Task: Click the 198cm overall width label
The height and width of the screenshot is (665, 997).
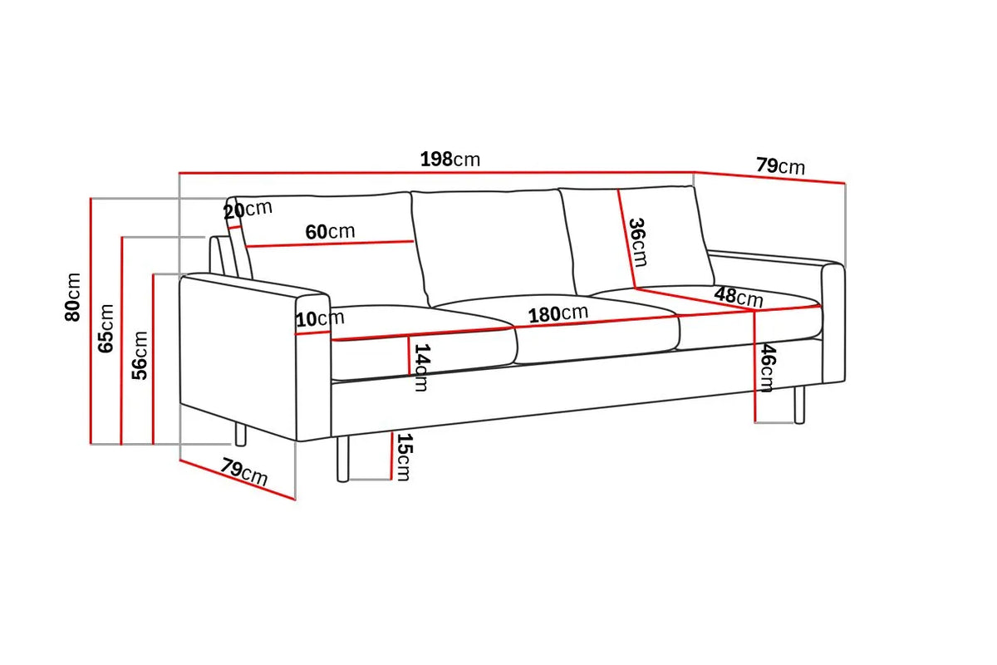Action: point(450,159)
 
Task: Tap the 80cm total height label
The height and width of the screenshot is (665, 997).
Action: point(72,297)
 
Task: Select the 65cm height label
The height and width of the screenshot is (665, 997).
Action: point(106,328)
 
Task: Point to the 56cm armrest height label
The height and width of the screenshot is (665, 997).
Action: point(140,356)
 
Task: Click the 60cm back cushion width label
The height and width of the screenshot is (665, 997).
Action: point(331,232)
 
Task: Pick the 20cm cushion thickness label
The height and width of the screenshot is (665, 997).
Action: point(248,209)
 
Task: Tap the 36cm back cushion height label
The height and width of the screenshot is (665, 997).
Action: point(637,242)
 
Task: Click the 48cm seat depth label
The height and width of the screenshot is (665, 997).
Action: point(739,296)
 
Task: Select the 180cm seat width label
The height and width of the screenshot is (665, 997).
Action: point(558,313)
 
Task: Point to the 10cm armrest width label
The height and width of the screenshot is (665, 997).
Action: point(320,319)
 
